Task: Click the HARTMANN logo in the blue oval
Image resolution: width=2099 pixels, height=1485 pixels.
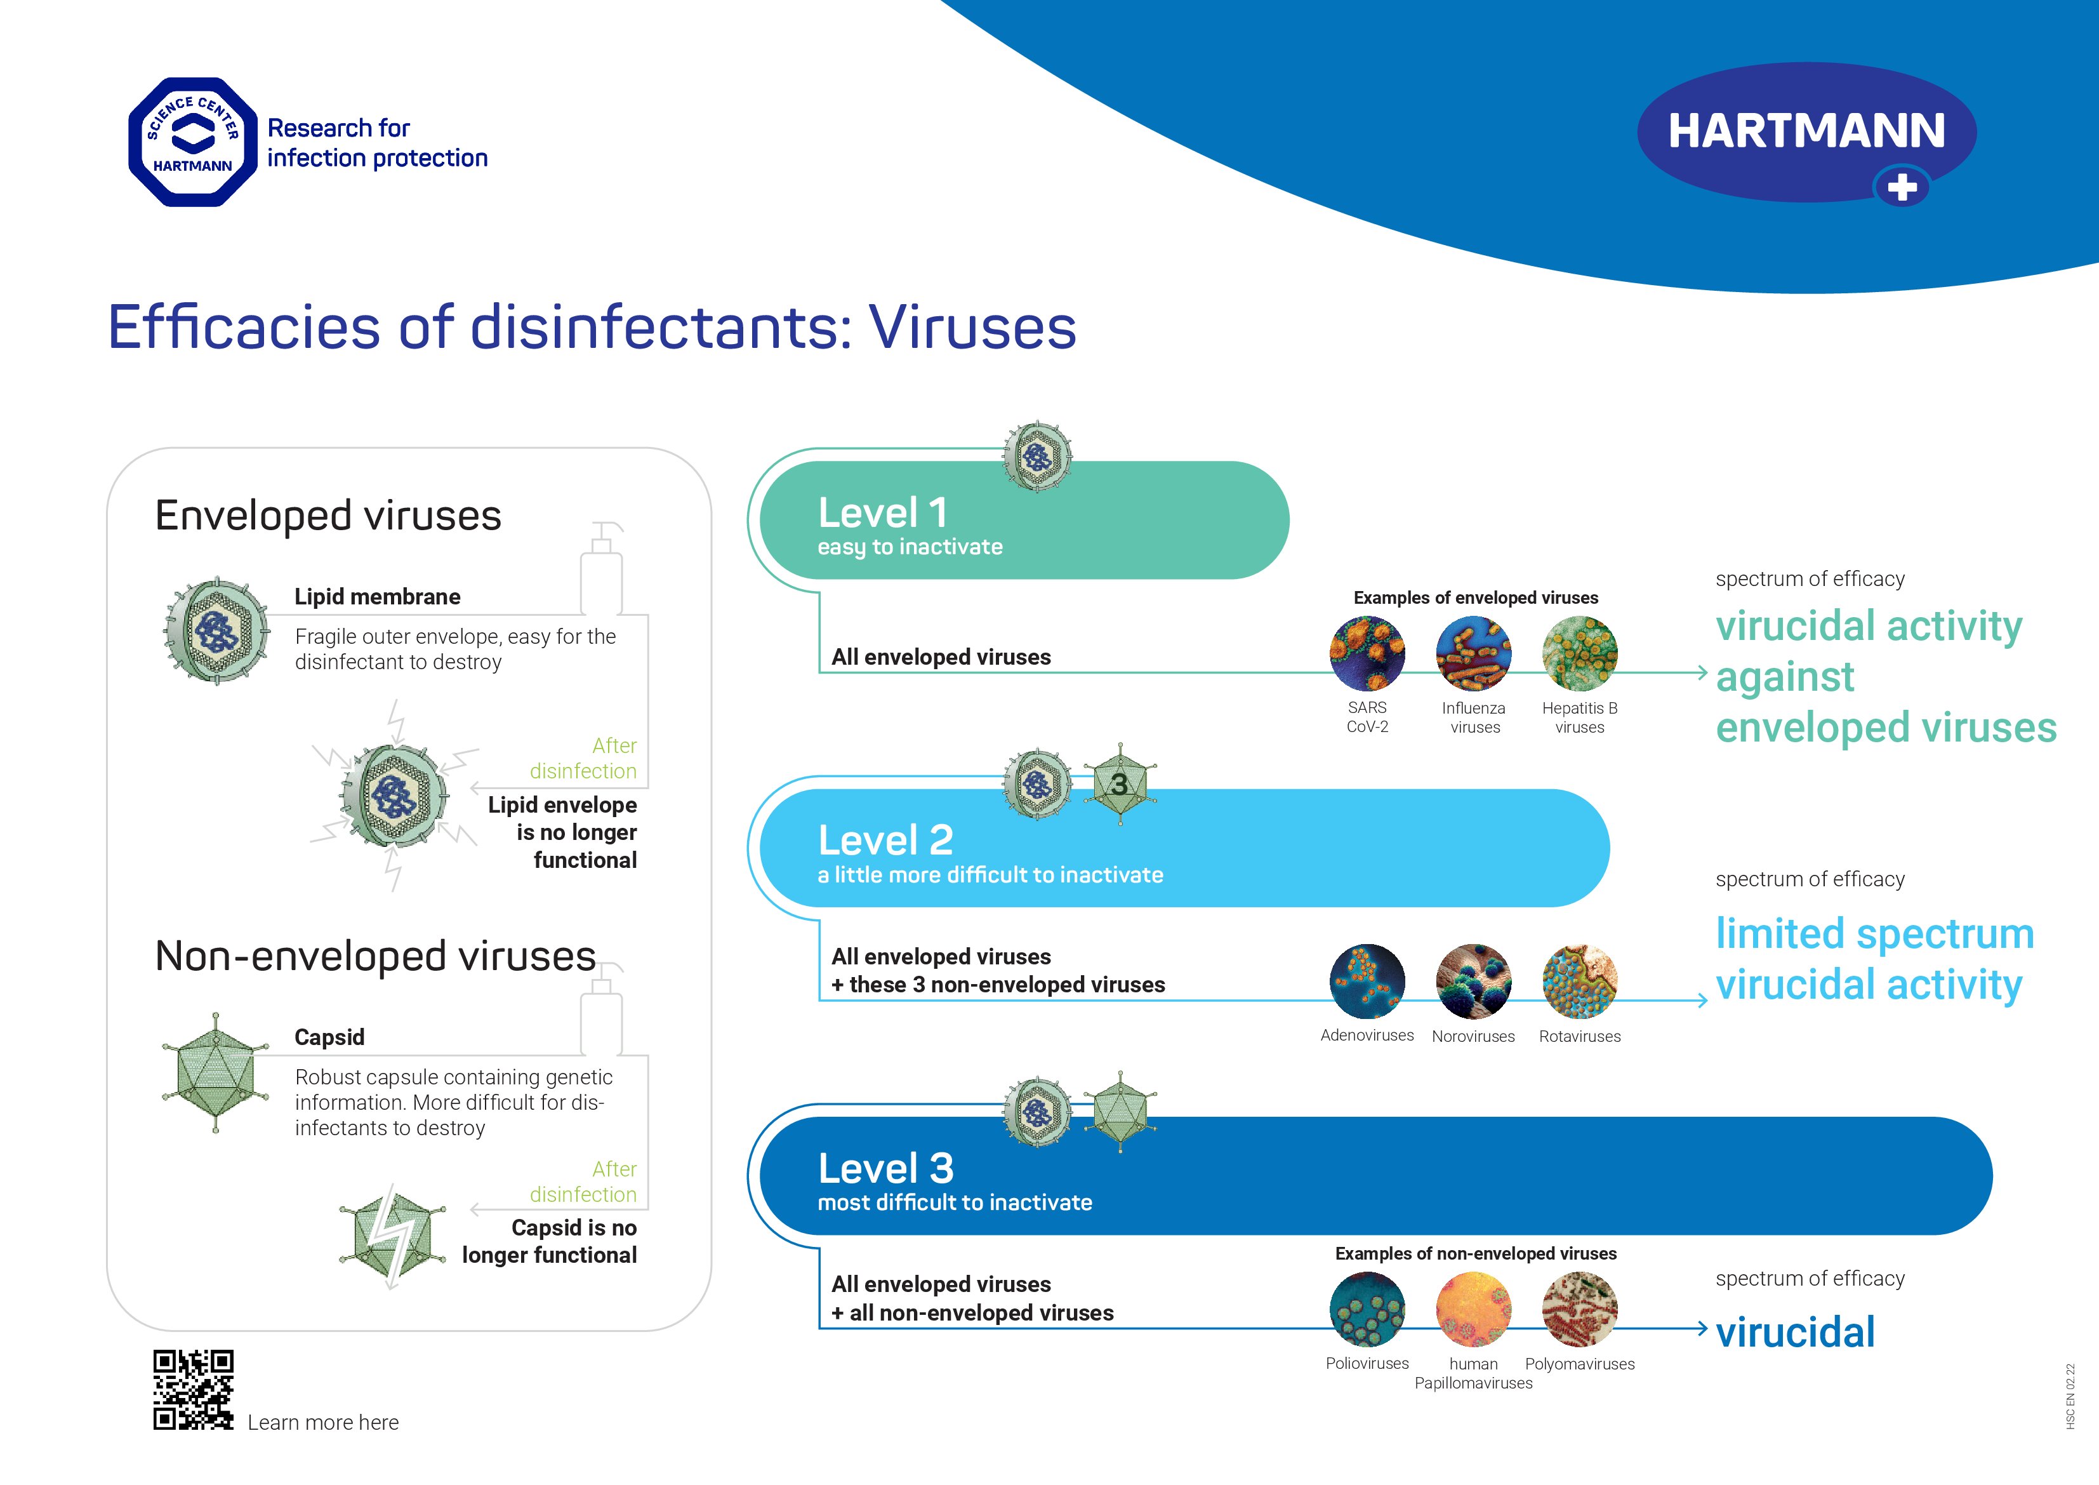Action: click(x=1806, y=131)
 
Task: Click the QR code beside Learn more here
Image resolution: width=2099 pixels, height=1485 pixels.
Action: click(x=193, y=1389)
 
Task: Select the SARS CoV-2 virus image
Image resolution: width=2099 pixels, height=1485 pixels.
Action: click(x=1367, y=653)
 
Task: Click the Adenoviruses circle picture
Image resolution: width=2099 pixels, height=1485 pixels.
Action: click(x=1367, y=981)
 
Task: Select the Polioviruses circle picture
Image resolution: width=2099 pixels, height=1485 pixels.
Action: click(x=1367, y=1309)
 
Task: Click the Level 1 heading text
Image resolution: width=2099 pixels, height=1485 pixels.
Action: click(x=882, y=513)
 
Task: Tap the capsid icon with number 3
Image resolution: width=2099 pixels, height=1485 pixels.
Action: click(x=1120, y=785)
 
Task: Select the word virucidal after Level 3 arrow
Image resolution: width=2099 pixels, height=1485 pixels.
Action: click(x=1794, y=1332)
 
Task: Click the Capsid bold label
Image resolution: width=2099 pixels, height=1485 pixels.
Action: click(x=329, y=1037)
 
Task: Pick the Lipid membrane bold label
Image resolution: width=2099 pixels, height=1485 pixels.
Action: click(x=376, y=597)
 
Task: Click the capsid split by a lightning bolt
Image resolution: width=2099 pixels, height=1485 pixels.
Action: click(x=392, y=1236)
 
